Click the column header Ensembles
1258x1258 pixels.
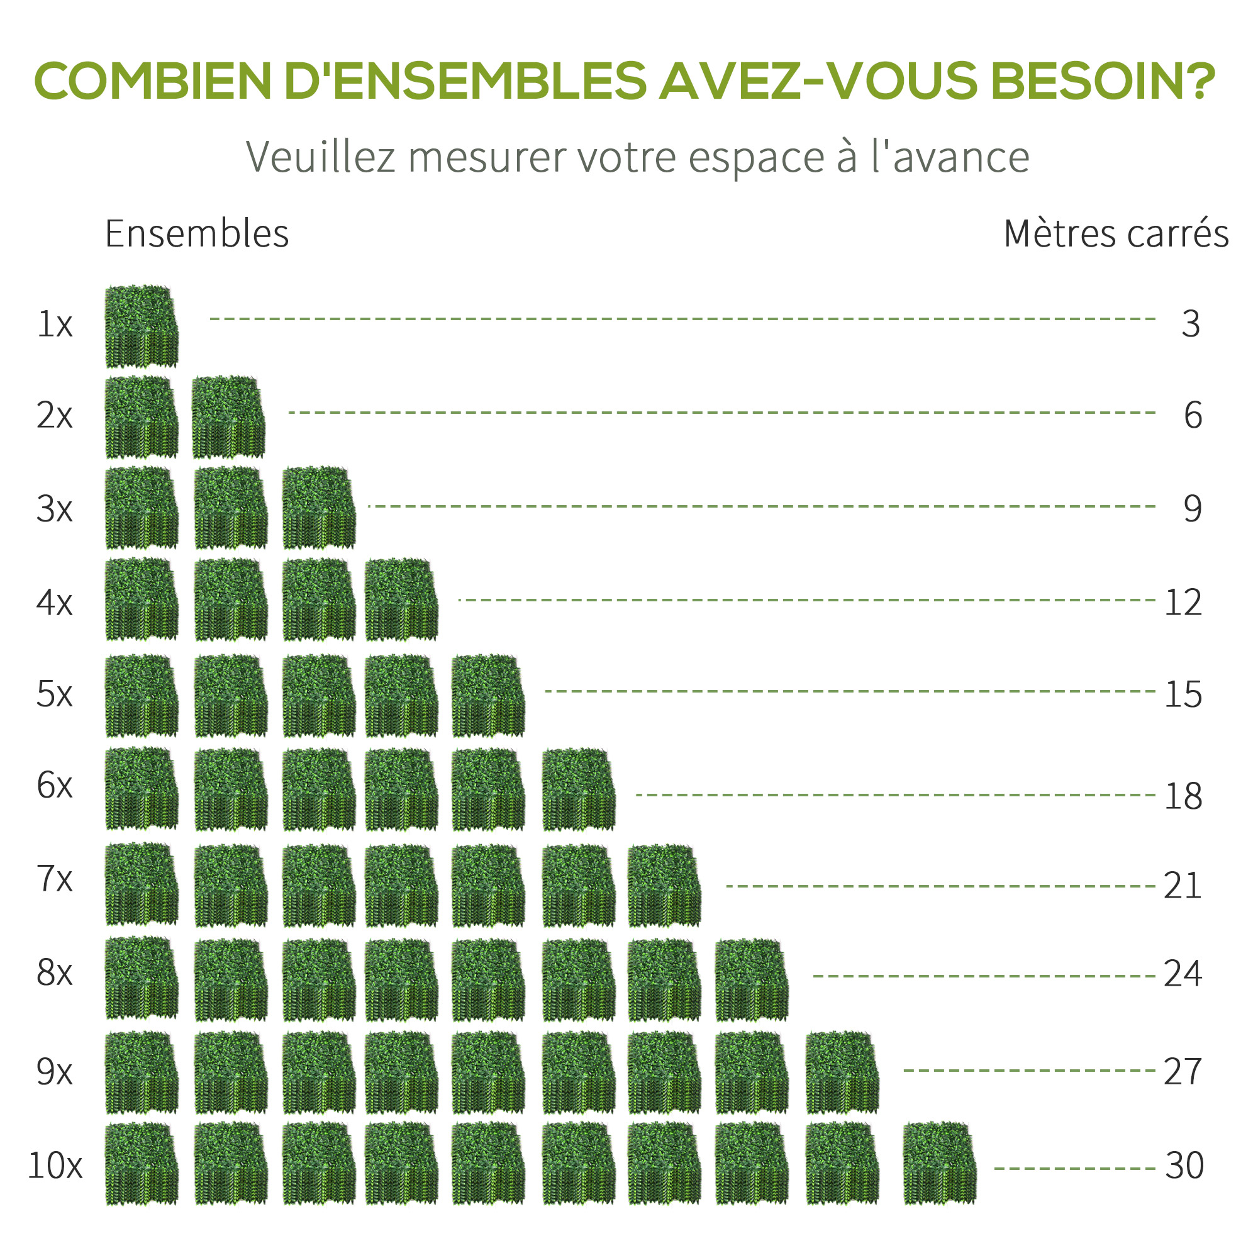[197, 234]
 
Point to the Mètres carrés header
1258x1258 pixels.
[1115, 234]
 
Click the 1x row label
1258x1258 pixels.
[55, 325]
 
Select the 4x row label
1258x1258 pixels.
[55, 603]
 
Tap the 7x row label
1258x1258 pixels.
[55, 879]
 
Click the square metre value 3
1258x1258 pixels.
[1190, 325]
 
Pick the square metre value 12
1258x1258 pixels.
[1183, 603]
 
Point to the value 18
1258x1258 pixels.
[1183, 796]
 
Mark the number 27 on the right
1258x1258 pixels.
[1183, 1072]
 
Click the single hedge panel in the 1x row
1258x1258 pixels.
[142, 326]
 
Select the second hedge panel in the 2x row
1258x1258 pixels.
[228, 417]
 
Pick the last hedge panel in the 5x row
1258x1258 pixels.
[487, 696]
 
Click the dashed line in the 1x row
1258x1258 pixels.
[682, 319]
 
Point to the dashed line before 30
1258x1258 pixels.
[1074, 1168]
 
